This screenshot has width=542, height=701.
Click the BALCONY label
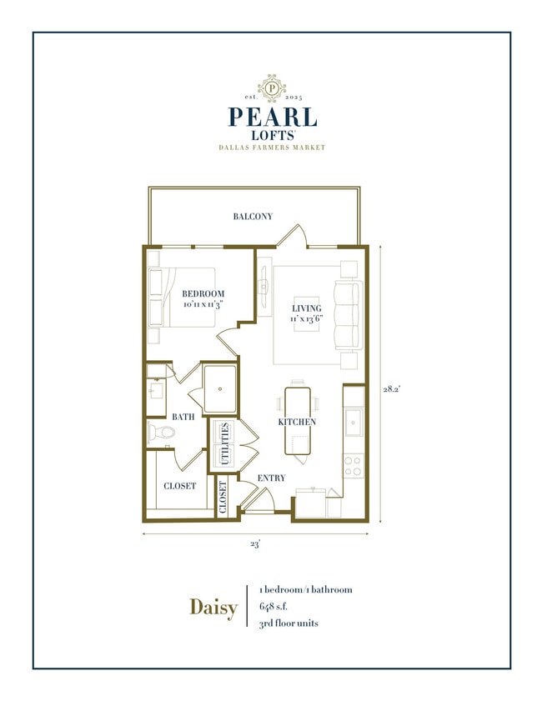(x=253, y=217)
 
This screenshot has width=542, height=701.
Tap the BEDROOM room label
(x=203, y=293)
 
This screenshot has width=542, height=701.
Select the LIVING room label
(x=306, y=308)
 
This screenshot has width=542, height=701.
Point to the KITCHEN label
(x=298, y=422)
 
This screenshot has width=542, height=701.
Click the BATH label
(x=183, y=416)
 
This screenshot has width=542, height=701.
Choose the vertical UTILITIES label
(x=225, y=443)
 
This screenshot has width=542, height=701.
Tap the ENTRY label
(x=272, y=478)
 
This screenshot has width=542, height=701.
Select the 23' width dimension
(x=255, y=543)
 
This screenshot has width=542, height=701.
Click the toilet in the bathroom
(x=159, y=433)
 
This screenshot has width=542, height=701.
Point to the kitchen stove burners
(x=354, y=465)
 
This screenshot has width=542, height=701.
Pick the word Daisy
(x=213, y=606)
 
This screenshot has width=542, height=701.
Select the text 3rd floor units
(x=289, y=623)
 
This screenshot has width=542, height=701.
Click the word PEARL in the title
(x=271, y=117)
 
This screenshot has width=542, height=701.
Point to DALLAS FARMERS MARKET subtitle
(x=272, y=148)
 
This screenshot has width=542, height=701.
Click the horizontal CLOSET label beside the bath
(x=180, y=485)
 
